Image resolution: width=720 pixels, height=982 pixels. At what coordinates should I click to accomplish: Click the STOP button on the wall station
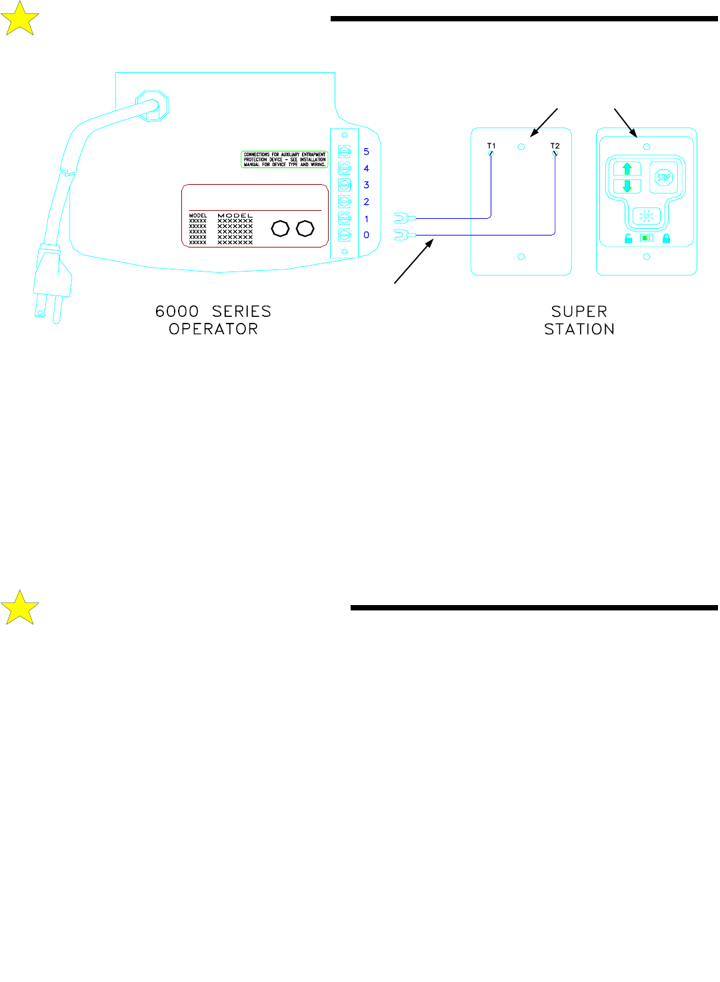(x=664, y=177)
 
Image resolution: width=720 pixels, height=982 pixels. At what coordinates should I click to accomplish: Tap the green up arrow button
(x=627, y=169)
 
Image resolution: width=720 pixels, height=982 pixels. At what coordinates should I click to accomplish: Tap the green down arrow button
(x=627, y=186)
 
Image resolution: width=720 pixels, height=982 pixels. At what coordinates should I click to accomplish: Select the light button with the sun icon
(x=646, y=216)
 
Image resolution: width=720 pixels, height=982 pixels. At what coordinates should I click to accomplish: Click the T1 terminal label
(x=491, y=145)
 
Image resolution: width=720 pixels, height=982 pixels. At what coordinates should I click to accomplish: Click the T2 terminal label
(x=555, y=145)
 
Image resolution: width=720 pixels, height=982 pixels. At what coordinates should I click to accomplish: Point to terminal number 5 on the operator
(x=366, y=151)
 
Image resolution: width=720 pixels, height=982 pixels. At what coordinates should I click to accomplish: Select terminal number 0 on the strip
(x=366, y=235)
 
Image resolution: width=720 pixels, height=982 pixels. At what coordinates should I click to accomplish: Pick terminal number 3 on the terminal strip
(x=366, y=185)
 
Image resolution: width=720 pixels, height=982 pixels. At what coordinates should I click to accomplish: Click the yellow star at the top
(x=20, y=19)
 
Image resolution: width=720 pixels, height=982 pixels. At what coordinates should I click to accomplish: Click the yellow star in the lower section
(x=20, y=607)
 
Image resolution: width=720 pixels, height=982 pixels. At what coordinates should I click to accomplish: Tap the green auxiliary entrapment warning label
(x=285, y=159)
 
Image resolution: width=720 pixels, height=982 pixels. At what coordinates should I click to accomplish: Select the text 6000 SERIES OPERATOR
(x=213, y=320)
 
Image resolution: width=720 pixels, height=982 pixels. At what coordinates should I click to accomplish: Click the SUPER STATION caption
(x=579, y=320)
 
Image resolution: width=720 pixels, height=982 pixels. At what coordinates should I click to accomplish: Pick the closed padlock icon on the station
(x=666, y=238)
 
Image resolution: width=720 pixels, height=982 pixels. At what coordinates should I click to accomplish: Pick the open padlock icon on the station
(x=628, y=238)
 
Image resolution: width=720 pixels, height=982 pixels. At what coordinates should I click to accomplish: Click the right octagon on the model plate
(x=305, y=229)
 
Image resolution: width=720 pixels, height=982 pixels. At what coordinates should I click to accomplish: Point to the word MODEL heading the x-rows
(x=235, y=215)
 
